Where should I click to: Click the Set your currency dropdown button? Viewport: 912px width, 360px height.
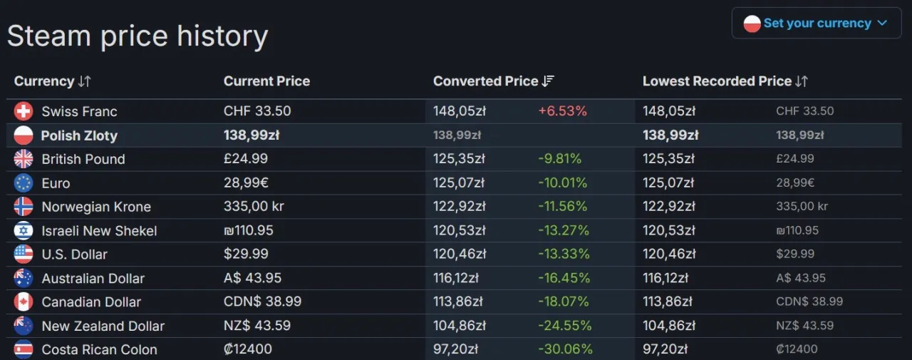pyautogui.click(x=816, y=23)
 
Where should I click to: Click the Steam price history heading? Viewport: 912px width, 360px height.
pyautogui.click(x=138, y=36)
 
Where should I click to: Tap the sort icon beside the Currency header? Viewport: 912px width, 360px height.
pyautogui.click(x=84, y=81)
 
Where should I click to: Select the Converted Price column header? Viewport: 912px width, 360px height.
pyautogui.click(x=485, y=81)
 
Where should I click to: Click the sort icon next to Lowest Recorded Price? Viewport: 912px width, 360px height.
pyautogui.click(x=802, y=81)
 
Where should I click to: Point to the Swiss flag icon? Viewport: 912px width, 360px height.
pyautogui.click(x=24, y=111)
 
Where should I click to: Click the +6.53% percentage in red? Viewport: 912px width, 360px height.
pyautogui.click(x=562, y=111)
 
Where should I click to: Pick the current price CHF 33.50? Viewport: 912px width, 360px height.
pyautogui.click(x=257, y=111)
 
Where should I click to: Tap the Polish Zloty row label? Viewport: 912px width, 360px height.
pyautogui.click(x=79, y=135)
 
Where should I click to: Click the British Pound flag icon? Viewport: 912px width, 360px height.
pyautogui.click(x=24, y=159)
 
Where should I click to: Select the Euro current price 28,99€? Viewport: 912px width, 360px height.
pyautogui.click(x=246, y=183)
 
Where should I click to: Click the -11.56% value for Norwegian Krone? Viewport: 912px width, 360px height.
pyautogui.click(x=562, y=207)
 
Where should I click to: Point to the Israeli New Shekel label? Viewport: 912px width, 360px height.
pyautogui.click(x=99, y=231)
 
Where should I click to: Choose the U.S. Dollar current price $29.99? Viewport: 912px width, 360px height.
pyautogui.click(x=246, y=254)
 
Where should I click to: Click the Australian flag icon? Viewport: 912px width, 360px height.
pyautogui.click(x=24, y=278)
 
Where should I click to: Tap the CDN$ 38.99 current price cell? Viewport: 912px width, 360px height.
pyautogui.click(x=262, y=302)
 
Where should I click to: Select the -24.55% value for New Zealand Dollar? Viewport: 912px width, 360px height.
pyautogui.click(x=564, y=326)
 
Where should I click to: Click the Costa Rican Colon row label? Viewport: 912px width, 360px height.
pyautogui.click(x=99, y=349)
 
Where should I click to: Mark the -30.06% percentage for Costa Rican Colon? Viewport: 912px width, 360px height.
pyautogui.click(x=564, y=349)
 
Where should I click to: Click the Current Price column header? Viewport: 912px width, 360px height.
pyautogui.click(x=266, y=81)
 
